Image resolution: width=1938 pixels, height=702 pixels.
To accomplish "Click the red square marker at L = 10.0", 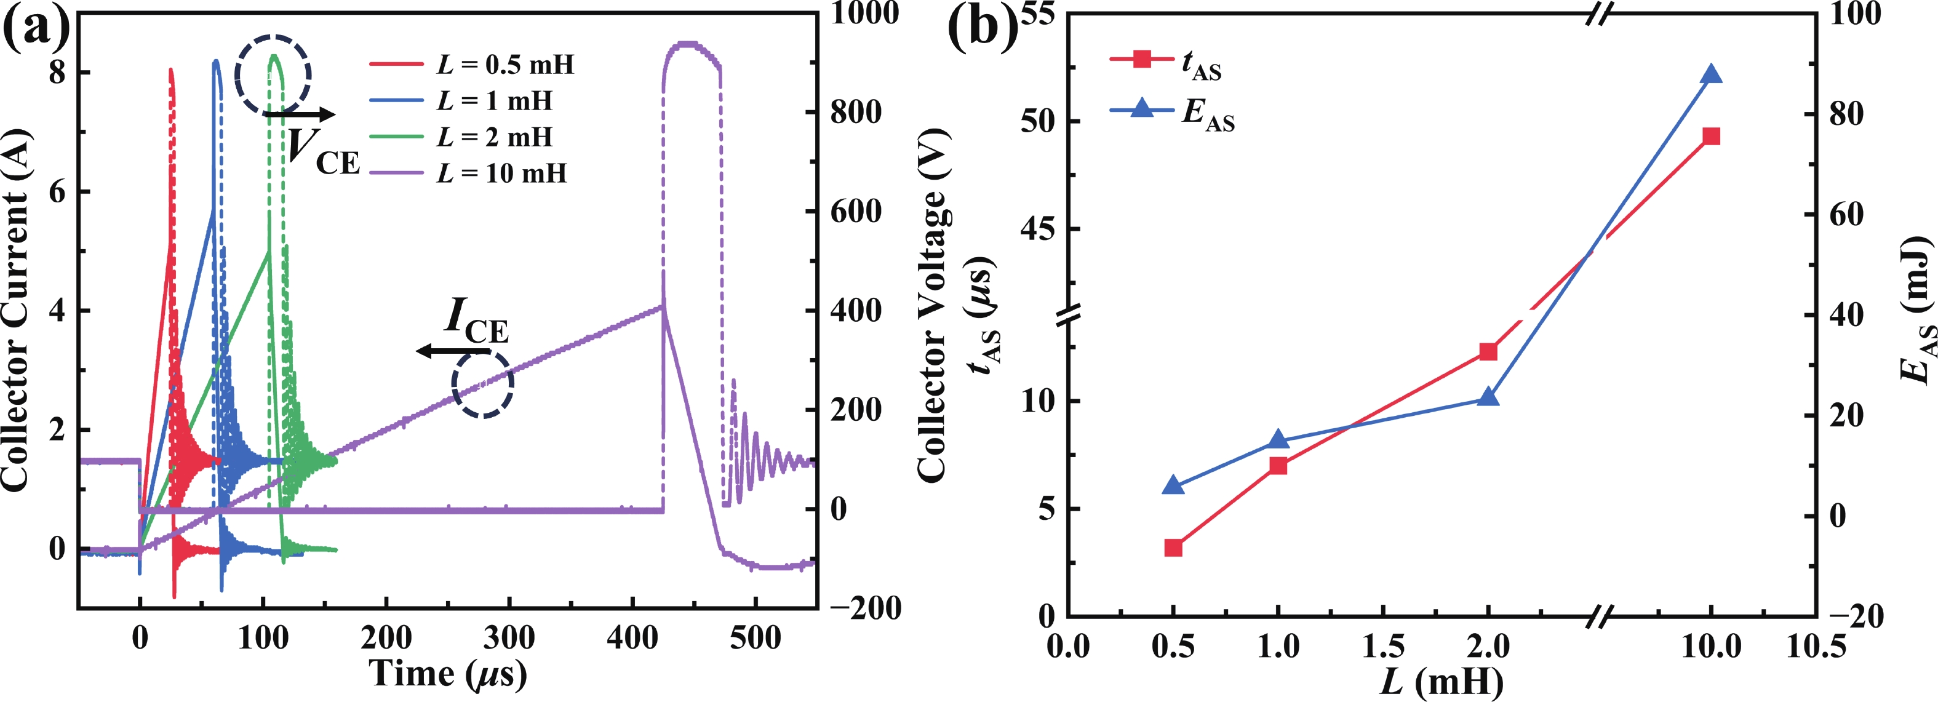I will pyautogui.click(x=1711, y=136).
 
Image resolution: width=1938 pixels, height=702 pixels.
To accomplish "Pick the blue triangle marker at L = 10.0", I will pyautogui.click(x=1711, y=74).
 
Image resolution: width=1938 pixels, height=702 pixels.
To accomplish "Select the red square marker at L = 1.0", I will pyautogui.click(x=1277, y=466).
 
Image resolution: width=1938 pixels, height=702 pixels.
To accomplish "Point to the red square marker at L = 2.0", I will pyautogui.click(x=1488, y=351).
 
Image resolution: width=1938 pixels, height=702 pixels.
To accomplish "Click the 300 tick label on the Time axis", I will pyautogui.click(x=509, y=639).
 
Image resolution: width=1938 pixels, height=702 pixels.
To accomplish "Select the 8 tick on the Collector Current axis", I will pyautogui.click(x=58, y=72).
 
